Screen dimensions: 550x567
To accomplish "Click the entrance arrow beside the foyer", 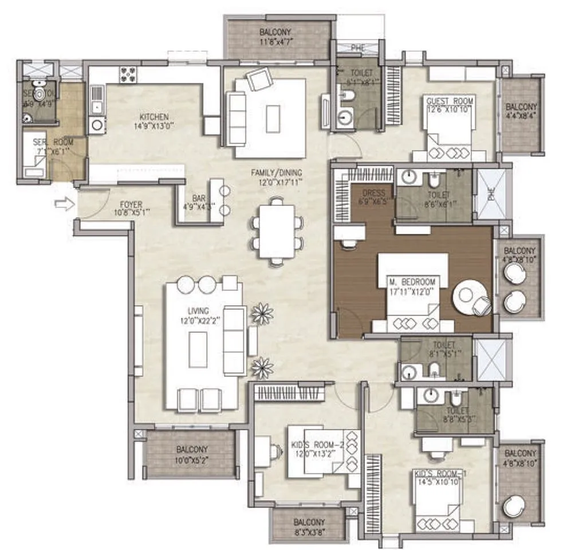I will pos(67,203).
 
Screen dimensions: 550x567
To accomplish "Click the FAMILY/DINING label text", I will pos(277,172).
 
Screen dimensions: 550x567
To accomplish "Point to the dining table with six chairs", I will pos(277,231).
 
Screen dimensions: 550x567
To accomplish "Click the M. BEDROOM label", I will pos(412,282).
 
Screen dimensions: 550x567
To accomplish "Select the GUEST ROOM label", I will pos(450,101).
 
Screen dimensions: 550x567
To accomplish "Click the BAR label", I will pos(199,198).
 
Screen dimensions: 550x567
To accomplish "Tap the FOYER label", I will pos(131,205).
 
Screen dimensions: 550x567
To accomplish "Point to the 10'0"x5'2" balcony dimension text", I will pos(192,459).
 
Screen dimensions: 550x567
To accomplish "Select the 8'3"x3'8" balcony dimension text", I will pos(309,532).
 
